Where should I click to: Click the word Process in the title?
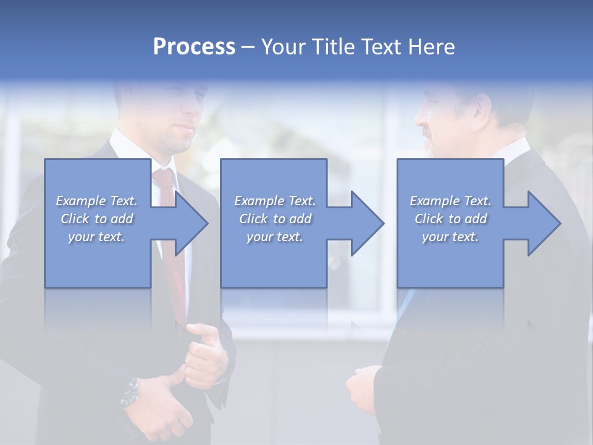pyautogui.click(x=194, y=47)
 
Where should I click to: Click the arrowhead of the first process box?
pyautogui.click(x=188, y=223)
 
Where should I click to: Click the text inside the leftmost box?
pyautogui.click(x=97, y=219)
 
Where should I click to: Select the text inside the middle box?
pyautogui.click(x=274, y=219)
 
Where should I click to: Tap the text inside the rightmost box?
pyautogui.click(x=450, y=219)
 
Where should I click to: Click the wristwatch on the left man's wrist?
pyautogui.click(x=130, y=393)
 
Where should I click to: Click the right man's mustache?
pyautogui.click(x=427, y=132)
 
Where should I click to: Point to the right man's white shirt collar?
pyautogui.click(x=516, y=150)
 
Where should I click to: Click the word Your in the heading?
pyautogui.click(x=282, y=47)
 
